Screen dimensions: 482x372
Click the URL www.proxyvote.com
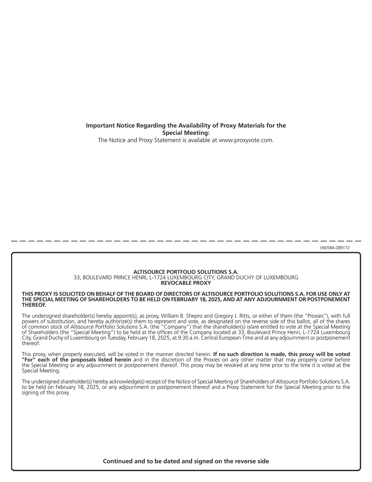246,140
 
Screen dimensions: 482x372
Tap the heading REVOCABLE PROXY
186,283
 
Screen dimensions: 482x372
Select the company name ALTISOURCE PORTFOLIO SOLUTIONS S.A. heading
186,272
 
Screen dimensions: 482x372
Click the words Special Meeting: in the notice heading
186,133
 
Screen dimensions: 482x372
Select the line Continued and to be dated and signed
186,461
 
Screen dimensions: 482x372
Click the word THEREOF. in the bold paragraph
34,305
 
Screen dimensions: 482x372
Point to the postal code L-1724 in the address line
156,278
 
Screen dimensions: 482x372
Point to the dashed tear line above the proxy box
186,241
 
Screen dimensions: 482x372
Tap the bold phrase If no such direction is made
246,354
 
